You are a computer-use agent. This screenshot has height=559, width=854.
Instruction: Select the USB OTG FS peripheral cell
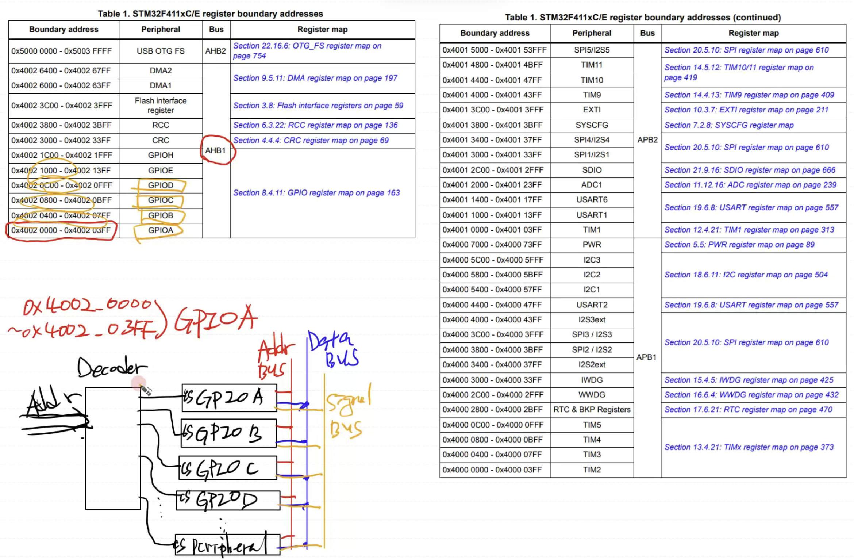click(161, 51)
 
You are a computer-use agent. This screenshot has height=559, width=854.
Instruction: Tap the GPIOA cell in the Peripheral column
click(161, 230)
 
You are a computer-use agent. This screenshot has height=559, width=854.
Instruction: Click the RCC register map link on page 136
click(315, 125)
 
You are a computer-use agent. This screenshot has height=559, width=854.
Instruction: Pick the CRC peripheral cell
click(161, 140)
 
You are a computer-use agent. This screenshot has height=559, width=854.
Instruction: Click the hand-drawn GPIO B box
click(228, 433)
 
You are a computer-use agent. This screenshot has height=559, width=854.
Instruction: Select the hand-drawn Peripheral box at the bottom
click(227, 545)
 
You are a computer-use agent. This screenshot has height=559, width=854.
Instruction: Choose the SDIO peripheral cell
click(591, 170)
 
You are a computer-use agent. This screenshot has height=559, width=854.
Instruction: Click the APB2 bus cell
click(647, 140)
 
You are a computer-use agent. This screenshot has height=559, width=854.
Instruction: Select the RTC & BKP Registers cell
click(591, 409)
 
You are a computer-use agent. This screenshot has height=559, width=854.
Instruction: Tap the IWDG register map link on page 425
click(748, 380)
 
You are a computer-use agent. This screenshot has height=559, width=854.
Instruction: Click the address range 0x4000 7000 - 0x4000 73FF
click(492, 245)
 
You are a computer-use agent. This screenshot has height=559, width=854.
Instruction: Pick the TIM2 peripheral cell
click(591, 470)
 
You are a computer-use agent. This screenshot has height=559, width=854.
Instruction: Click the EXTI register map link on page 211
click(746, 110)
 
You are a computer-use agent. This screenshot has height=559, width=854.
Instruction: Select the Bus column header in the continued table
click(647, 33)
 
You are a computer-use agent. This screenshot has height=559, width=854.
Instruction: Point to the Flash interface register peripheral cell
click(161, 106)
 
